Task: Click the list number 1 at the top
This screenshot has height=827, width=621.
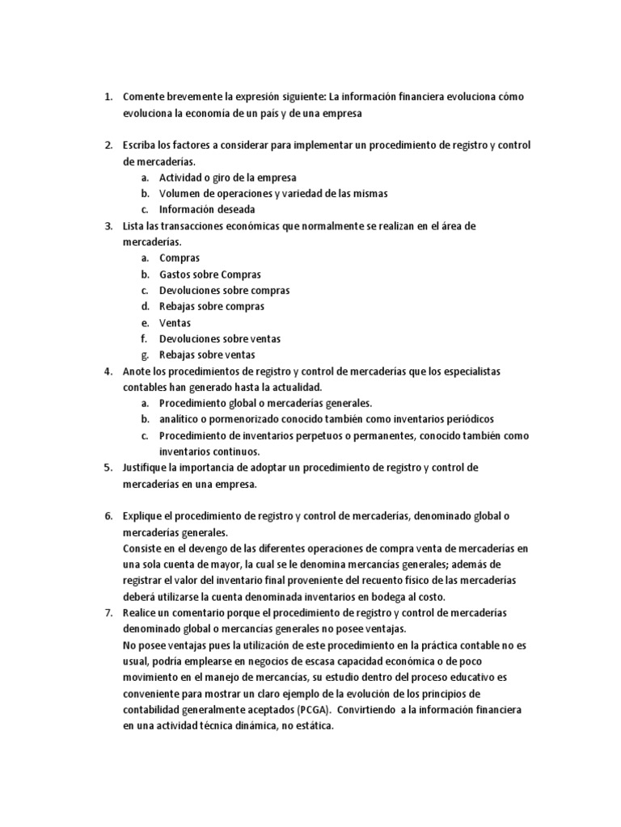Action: pos(108,97)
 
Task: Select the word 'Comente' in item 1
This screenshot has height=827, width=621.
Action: pos(144,97)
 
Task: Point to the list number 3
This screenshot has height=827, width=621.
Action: pos(108,226)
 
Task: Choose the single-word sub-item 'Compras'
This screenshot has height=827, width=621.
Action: pos(180,258)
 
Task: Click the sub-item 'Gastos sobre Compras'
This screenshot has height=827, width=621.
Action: pos(210,275)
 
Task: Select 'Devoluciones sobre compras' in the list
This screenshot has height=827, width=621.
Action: pos(224,291)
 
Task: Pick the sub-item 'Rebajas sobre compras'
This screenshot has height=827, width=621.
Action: pos(212,307)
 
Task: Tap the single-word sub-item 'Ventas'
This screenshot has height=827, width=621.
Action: pos(175,323)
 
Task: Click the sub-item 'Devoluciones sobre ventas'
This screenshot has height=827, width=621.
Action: pos(220,339)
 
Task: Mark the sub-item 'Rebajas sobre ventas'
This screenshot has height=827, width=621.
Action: pos(207,355)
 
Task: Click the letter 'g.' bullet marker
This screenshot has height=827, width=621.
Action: pos(144,355)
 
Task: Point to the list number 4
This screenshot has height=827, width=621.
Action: pos(108,372)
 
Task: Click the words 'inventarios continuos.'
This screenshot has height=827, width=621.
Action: pos(209,452)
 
